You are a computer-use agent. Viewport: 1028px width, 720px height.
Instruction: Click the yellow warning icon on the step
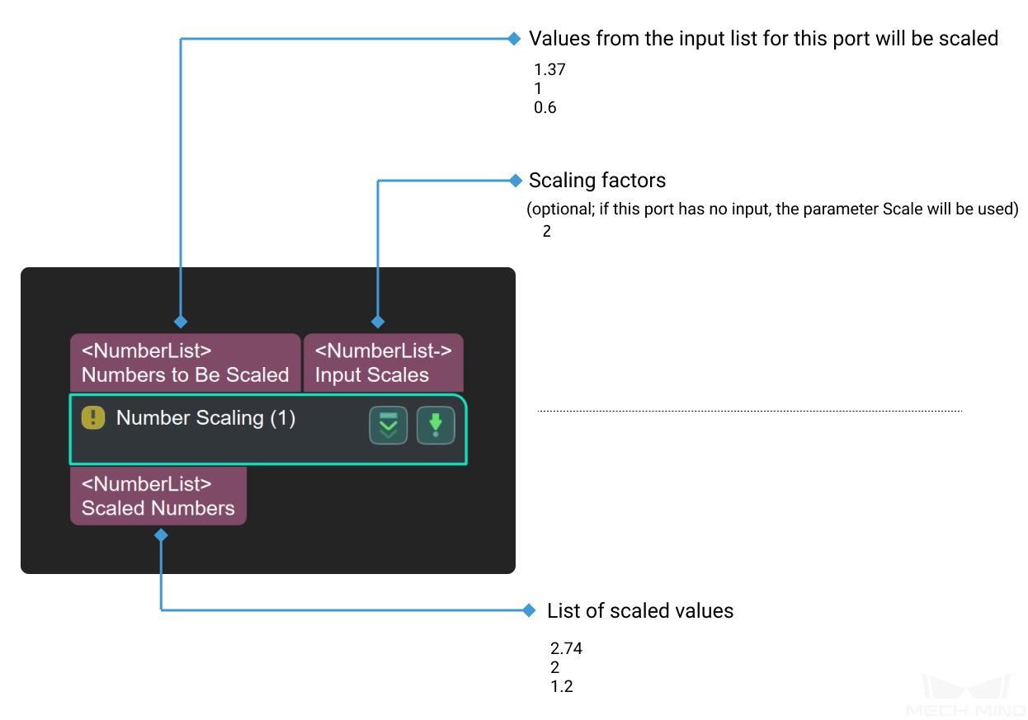click(x=93, y=417)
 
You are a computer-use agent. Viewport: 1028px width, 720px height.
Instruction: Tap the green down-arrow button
click(x=436, y=425)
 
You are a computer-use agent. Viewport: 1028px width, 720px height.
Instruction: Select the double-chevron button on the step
click(x=389, y=425)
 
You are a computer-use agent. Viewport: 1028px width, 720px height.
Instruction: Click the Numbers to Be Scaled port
click(x=186, y=363)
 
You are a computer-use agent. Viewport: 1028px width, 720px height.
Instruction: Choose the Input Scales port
click(x=383, y=363)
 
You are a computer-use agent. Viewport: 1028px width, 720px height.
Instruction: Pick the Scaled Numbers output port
click(x=158, y=496)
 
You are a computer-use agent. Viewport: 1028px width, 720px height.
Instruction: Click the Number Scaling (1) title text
click(x=205, y=418)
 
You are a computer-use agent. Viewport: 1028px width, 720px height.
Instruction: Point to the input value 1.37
click(x=549, y=70)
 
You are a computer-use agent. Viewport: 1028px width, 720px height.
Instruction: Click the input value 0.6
click(x=545, y=108)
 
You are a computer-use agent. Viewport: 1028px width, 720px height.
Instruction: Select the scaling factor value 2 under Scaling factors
click(x=546, y=231)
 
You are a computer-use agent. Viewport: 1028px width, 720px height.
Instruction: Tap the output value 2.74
click(x=566, y=648)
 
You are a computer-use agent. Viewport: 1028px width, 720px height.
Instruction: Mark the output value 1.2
click(x=561, y=686)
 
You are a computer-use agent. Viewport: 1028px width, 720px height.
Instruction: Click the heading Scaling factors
click(x=597, y=181)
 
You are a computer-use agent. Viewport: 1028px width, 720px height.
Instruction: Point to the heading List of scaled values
click(x=640, y=611)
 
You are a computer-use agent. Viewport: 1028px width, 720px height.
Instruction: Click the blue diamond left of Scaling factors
click(x=516, y=181)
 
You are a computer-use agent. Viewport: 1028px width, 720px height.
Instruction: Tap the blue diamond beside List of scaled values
click(x=529, y=610)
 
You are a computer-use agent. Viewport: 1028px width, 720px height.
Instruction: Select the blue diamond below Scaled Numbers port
click(x=161, y=535)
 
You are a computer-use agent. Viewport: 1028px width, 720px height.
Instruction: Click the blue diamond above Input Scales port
click(x=378, y=322)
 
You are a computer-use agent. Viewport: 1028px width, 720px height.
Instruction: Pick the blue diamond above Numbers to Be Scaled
click(x=181, y=322)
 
